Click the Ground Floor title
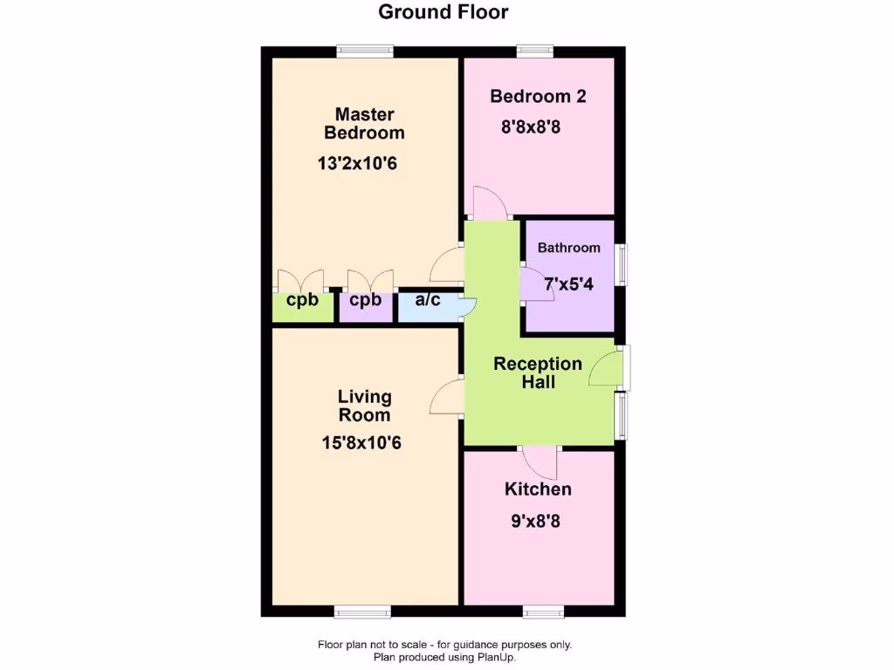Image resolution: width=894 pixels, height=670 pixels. pyautogui.click(x=443, y=12)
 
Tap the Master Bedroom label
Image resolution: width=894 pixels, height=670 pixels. pyautogui.click(x=364, y=123)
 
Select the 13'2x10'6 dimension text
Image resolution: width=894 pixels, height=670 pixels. pyautogui.click(x=364, y=163)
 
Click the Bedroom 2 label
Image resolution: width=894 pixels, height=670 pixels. pyautogui.click(x=537, y=96)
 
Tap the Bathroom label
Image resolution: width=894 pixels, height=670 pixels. pyautogui.click(x=568, y=248)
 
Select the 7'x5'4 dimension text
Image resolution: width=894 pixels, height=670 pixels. pyautogui.click(x=568, y=284)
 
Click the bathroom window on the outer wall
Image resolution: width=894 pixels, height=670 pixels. pyautogui.click(x=622, y=263)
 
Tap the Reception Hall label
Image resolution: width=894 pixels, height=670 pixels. pyautogui.click(x=538, y=373)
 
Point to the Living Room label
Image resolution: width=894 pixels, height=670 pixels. pyautogui.click(x=364, y=406)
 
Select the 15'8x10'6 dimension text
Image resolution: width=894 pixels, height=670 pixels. pyautogui.click(x=361, y=443)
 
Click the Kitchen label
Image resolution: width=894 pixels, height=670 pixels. pyautogui.click(x=538, y=489)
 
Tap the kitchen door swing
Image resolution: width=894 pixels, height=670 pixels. pyautogui.click(x=540, y=461)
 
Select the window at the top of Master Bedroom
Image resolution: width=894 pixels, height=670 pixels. pyautogui.click(x=366, y=51)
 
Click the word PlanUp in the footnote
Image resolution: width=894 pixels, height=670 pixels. pyautogui.click(x=496, y=657)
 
